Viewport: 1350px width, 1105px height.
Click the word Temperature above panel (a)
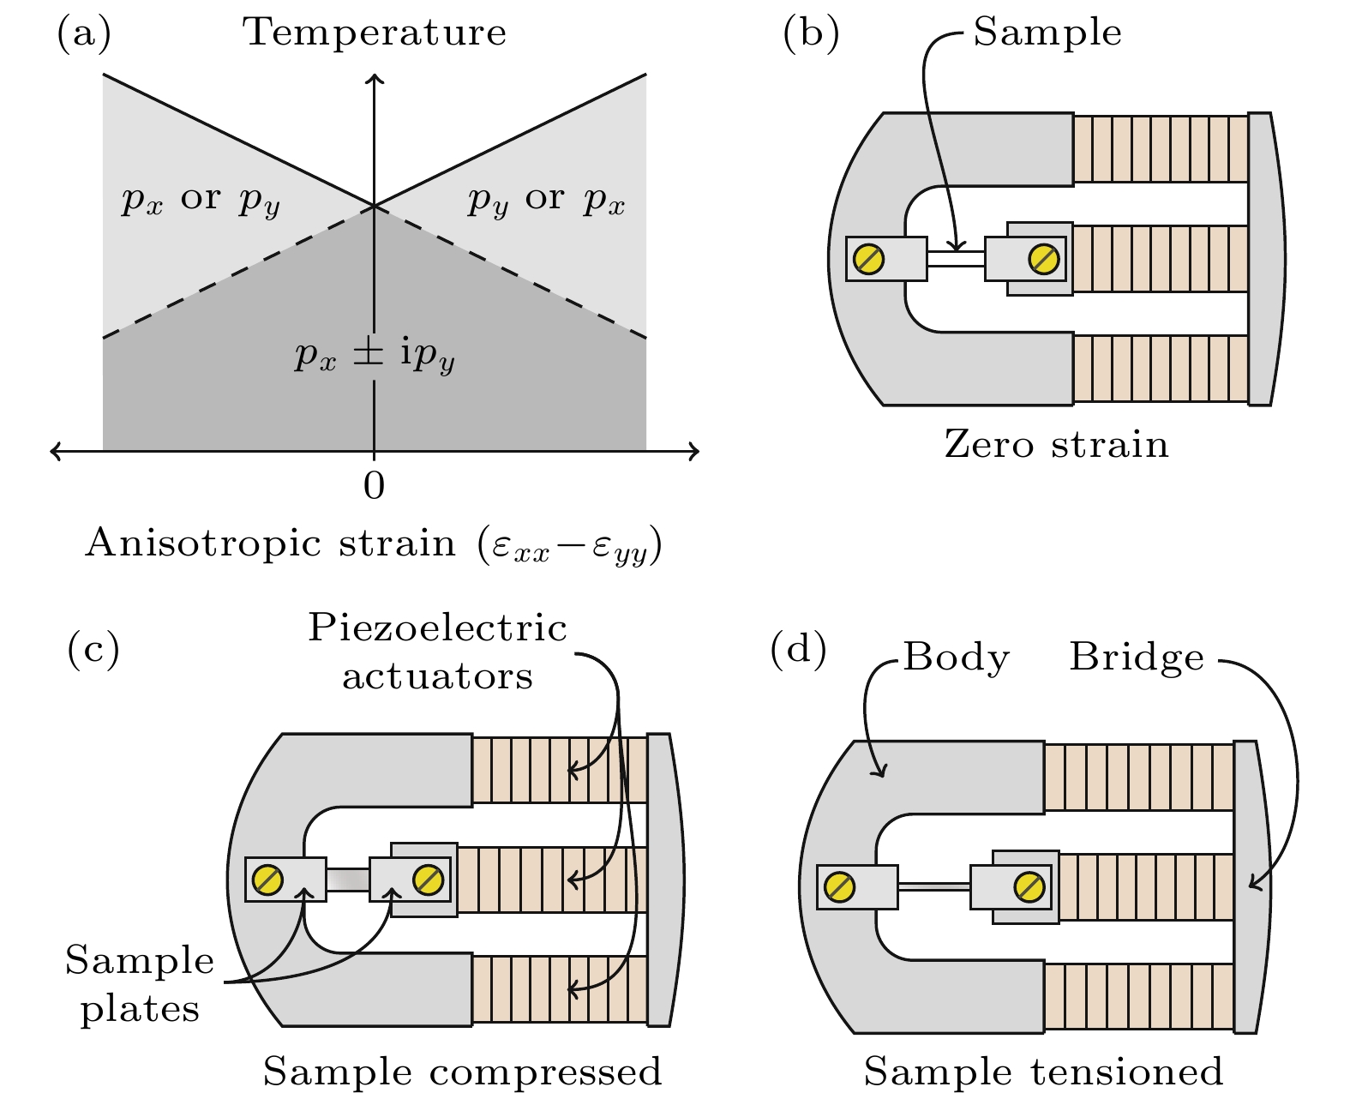[375, 33]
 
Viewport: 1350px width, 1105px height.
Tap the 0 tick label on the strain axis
[374, 486]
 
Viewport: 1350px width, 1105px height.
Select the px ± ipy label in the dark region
[374, 354]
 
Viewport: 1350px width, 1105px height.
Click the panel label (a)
[84, 33]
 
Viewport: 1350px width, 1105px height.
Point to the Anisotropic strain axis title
[374, 545]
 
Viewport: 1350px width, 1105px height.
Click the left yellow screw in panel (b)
[869, 258]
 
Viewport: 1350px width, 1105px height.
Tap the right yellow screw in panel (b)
[1043, 258]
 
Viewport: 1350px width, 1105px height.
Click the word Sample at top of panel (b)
[1047, 33]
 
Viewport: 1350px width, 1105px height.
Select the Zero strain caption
[1056, 445]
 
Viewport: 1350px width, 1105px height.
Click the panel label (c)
[93, 649]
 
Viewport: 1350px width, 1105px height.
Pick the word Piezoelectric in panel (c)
[437, 628]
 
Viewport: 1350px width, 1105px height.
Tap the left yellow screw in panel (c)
[268, 880]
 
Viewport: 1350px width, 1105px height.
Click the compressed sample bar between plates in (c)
[347, 880]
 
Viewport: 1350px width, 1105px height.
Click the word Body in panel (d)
[956, 658]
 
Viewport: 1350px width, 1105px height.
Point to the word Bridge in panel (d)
[1137, 658]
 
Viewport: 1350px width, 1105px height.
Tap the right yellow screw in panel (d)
[1029, 887]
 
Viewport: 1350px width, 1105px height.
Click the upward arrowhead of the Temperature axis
[374, 80]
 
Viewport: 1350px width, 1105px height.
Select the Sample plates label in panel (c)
[140, 984]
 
